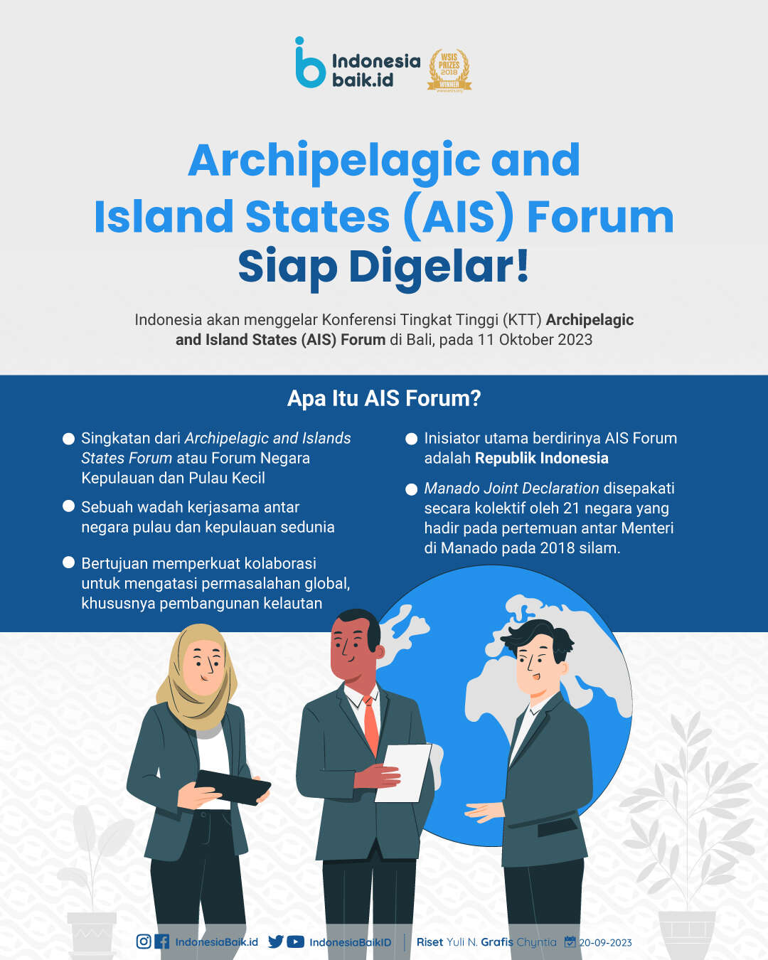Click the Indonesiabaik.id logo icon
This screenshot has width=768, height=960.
coord(310,63)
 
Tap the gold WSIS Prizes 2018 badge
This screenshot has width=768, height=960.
coord(449,70)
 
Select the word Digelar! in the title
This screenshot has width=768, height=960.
coord(439,267)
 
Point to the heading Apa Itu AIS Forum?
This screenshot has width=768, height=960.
coord(384,398)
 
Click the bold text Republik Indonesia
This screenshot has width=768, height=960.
coord(541,458)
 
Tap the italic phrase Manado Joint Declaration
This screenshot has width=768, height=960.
coord(511,489)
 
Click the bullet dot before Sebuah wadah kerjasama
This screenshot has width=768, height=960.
coord(69,506)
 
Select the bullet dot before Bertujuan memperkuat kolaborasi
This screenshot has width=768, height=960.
coord(69,562)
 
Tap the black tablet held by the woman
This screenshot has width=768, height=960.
coord(233,788)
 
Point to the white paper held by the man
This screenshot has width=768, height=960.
coord(403,773)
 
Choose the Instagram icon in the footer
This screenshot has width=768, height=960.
coord(144,942)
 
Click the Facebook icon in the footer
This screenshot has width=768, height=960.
coord(161,942)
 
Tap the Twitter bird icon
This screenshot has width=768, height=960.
coord(276,942)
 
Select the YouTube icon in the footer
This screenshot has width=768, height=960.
coord(295,942)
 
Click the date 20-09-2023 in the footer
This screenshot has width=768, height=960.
coord(605,943)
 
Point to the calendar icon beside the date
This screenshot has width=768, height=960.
coord(570,942)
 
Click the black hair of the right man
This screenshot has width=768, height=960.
coord(538,636)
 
